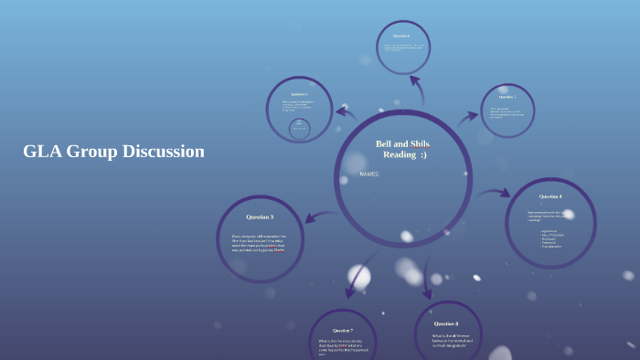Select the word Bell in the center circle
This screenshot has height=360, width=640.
click(x=385, y=143)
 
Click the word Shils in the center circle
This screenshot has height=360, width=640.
click(x=420, y=143)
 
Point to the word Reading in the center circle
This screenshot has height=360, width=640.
click(x=400, y=154)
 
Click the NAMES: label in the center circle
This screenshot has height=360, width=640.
click(x=369, y=174)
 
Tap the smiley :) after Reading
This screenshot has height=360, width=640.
click(x=423, y=154)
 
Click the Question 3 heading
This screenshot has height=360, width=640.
click(x=259, y=217)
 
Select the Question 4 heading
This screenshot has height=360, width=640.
click(x=550, y=196)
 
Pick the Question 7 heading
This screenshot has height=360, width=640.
click(x=343, y=330)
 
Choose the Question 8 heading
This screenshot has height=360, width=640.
click(x=446, y=323)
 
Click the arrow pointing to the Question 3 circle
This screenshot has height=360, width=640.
click(x=320, y=217)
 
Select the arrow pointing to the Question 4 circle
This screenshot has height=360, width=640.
click(x=494, y=193)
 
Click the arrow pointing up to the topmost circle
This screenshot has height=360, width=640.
click(x=417, y=91)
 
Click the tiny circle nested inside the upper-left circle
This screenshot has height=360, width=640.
click(x=299, y=129)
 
